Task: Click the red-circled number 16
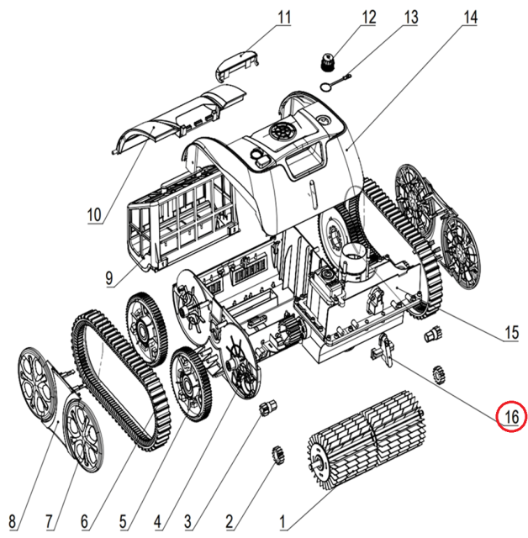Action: click(x=510, y=415)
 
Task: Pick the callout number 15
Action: click(x=510, y=334)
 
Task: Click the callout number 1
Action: click(x=283, y=521)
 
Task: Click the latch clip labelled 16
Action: click(x=383, y=350)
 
